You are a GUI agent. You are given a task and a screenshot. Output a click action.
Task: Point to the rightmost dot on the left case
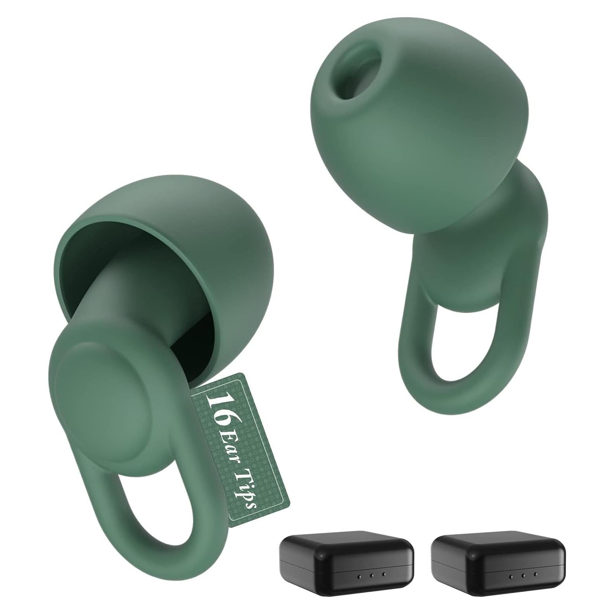point(384,574)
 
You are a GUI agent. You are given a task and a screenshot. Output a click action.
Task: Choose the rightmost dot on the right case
point(536,574)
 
